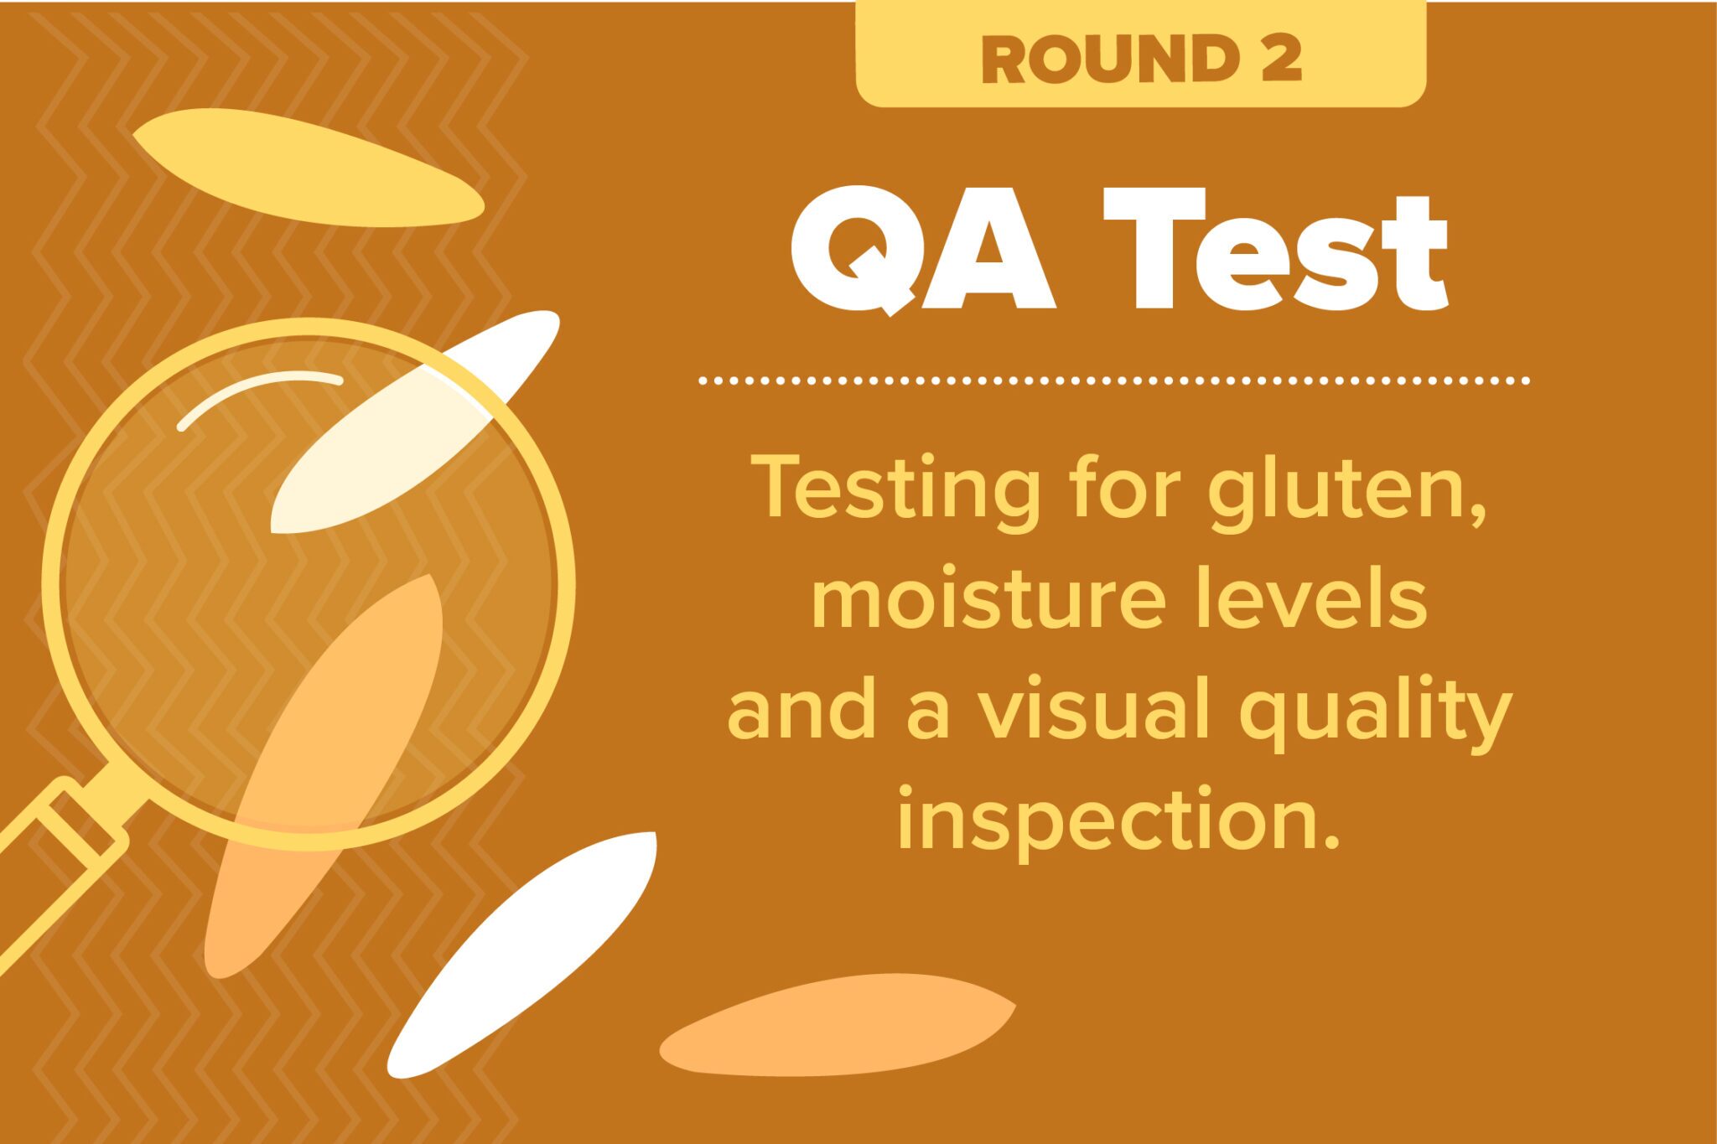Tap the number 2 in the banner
point(1279,60)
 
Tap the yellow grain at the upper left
point(309,168)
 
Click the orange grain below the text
point(838,1024)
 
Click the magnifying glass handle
point(63,867)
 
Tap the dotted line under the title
point(1114,380)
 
